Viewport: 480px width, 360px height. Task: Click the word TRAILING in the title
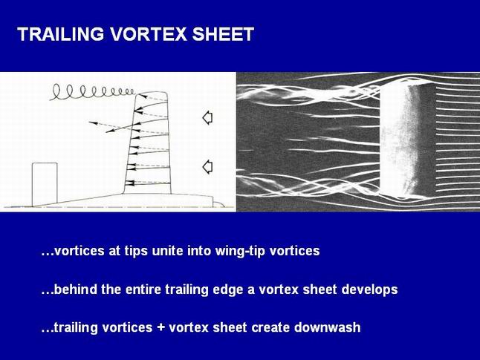coord(61,34)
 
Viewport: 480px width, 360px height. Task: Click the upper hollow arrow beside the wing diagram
coord(207,117)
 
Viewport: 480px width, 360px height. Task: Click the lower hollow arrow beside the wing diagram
coord(207,167)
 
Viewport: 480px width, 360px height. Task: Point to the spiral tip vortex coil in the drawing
coord(92,92)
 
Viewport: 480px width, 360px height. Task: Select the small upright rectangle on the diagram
coord(45,184)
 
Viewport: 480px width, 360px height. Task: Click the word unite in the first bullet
coord(168,251)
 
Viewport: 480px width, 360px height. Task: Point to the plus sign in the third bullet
coord(160,327)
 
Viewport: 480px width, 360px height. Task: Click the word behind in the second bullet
coord(75,289)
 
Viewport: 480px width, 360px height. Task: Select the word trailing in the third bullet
coord(75,327)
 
